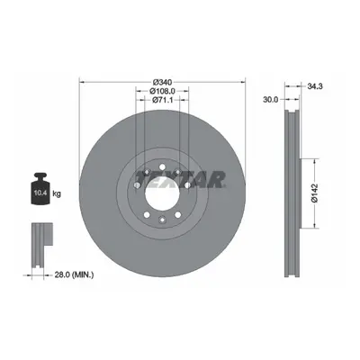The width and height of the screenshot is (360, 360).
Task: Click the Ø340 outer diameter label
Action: coord(162,82)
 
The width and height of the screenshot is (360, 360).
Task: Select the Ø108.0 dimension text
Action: coord(162,91)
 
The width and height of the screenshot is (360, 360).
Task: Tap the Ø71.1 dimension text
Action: coord(162,100)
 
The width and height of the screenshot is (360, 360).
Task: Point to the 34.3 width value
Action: coord(314,86)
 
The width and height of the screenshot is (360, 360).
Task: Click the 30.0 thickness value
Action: coord(271,100)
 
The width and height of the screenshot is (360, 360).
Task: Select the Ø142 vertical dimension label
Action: coord(314,193)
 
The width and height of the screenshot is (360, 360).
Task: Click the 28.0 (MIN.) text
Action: coord(74,274)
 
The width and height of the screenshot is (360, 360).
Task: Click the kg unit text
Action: coord(57,193)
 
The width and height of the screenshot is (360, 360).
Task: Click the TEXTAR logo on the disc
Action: coord(180,179)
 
